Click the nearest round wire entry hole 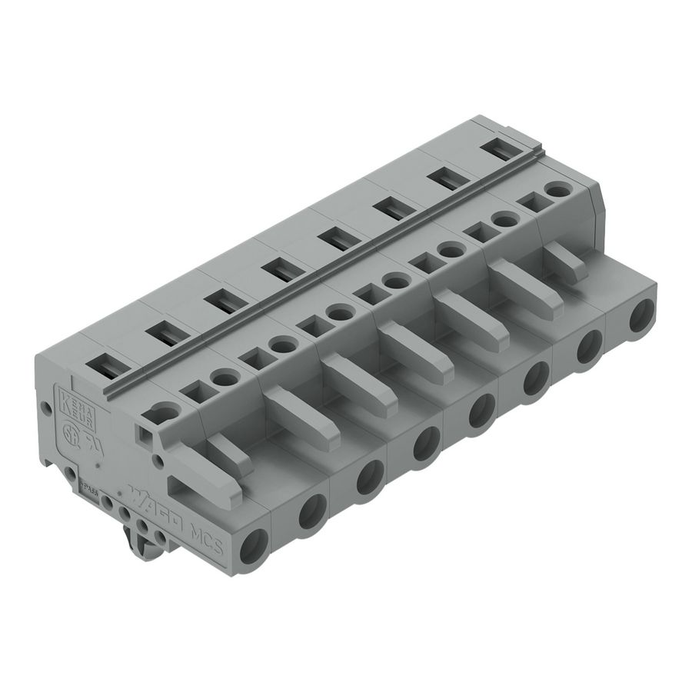[x=254, y=548]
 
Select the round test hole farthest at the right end [x=554, y=188]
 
